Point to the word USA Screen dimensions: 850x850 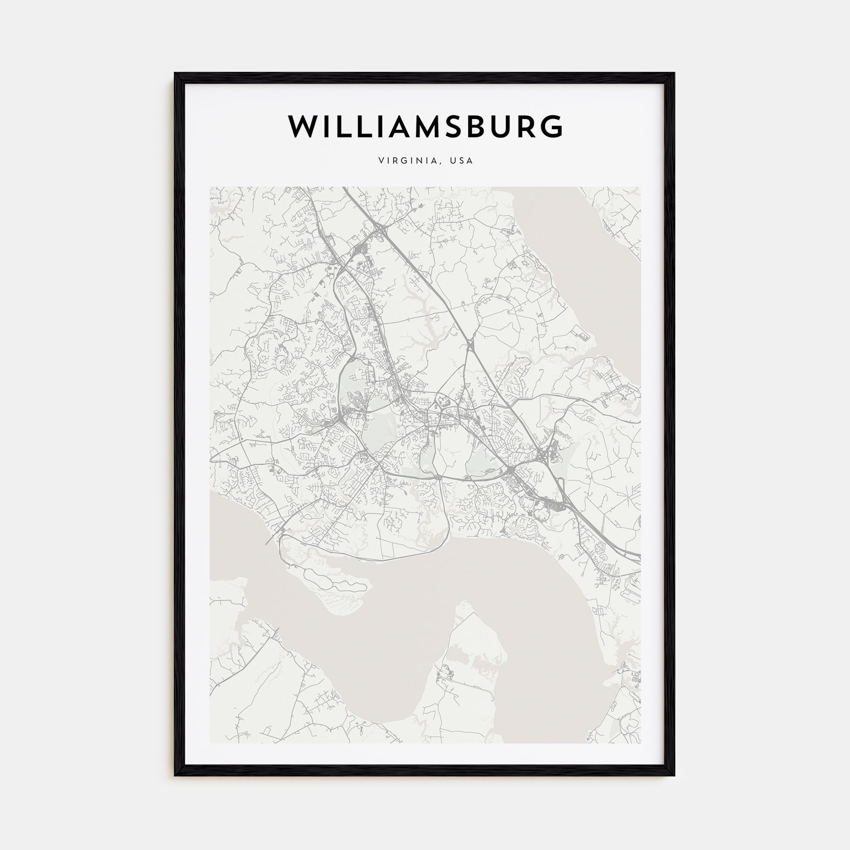click(x=462, y=161)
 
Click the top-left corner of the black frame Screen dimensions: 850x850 click(x=175, y=74)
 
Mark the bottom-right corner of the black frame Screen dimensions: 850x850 click(x=674, y=775)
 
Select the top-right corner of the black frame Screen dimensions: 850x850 click(x=674, y=74)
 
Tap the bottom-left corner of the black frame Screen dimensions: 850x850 click(x=175, y=775)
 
